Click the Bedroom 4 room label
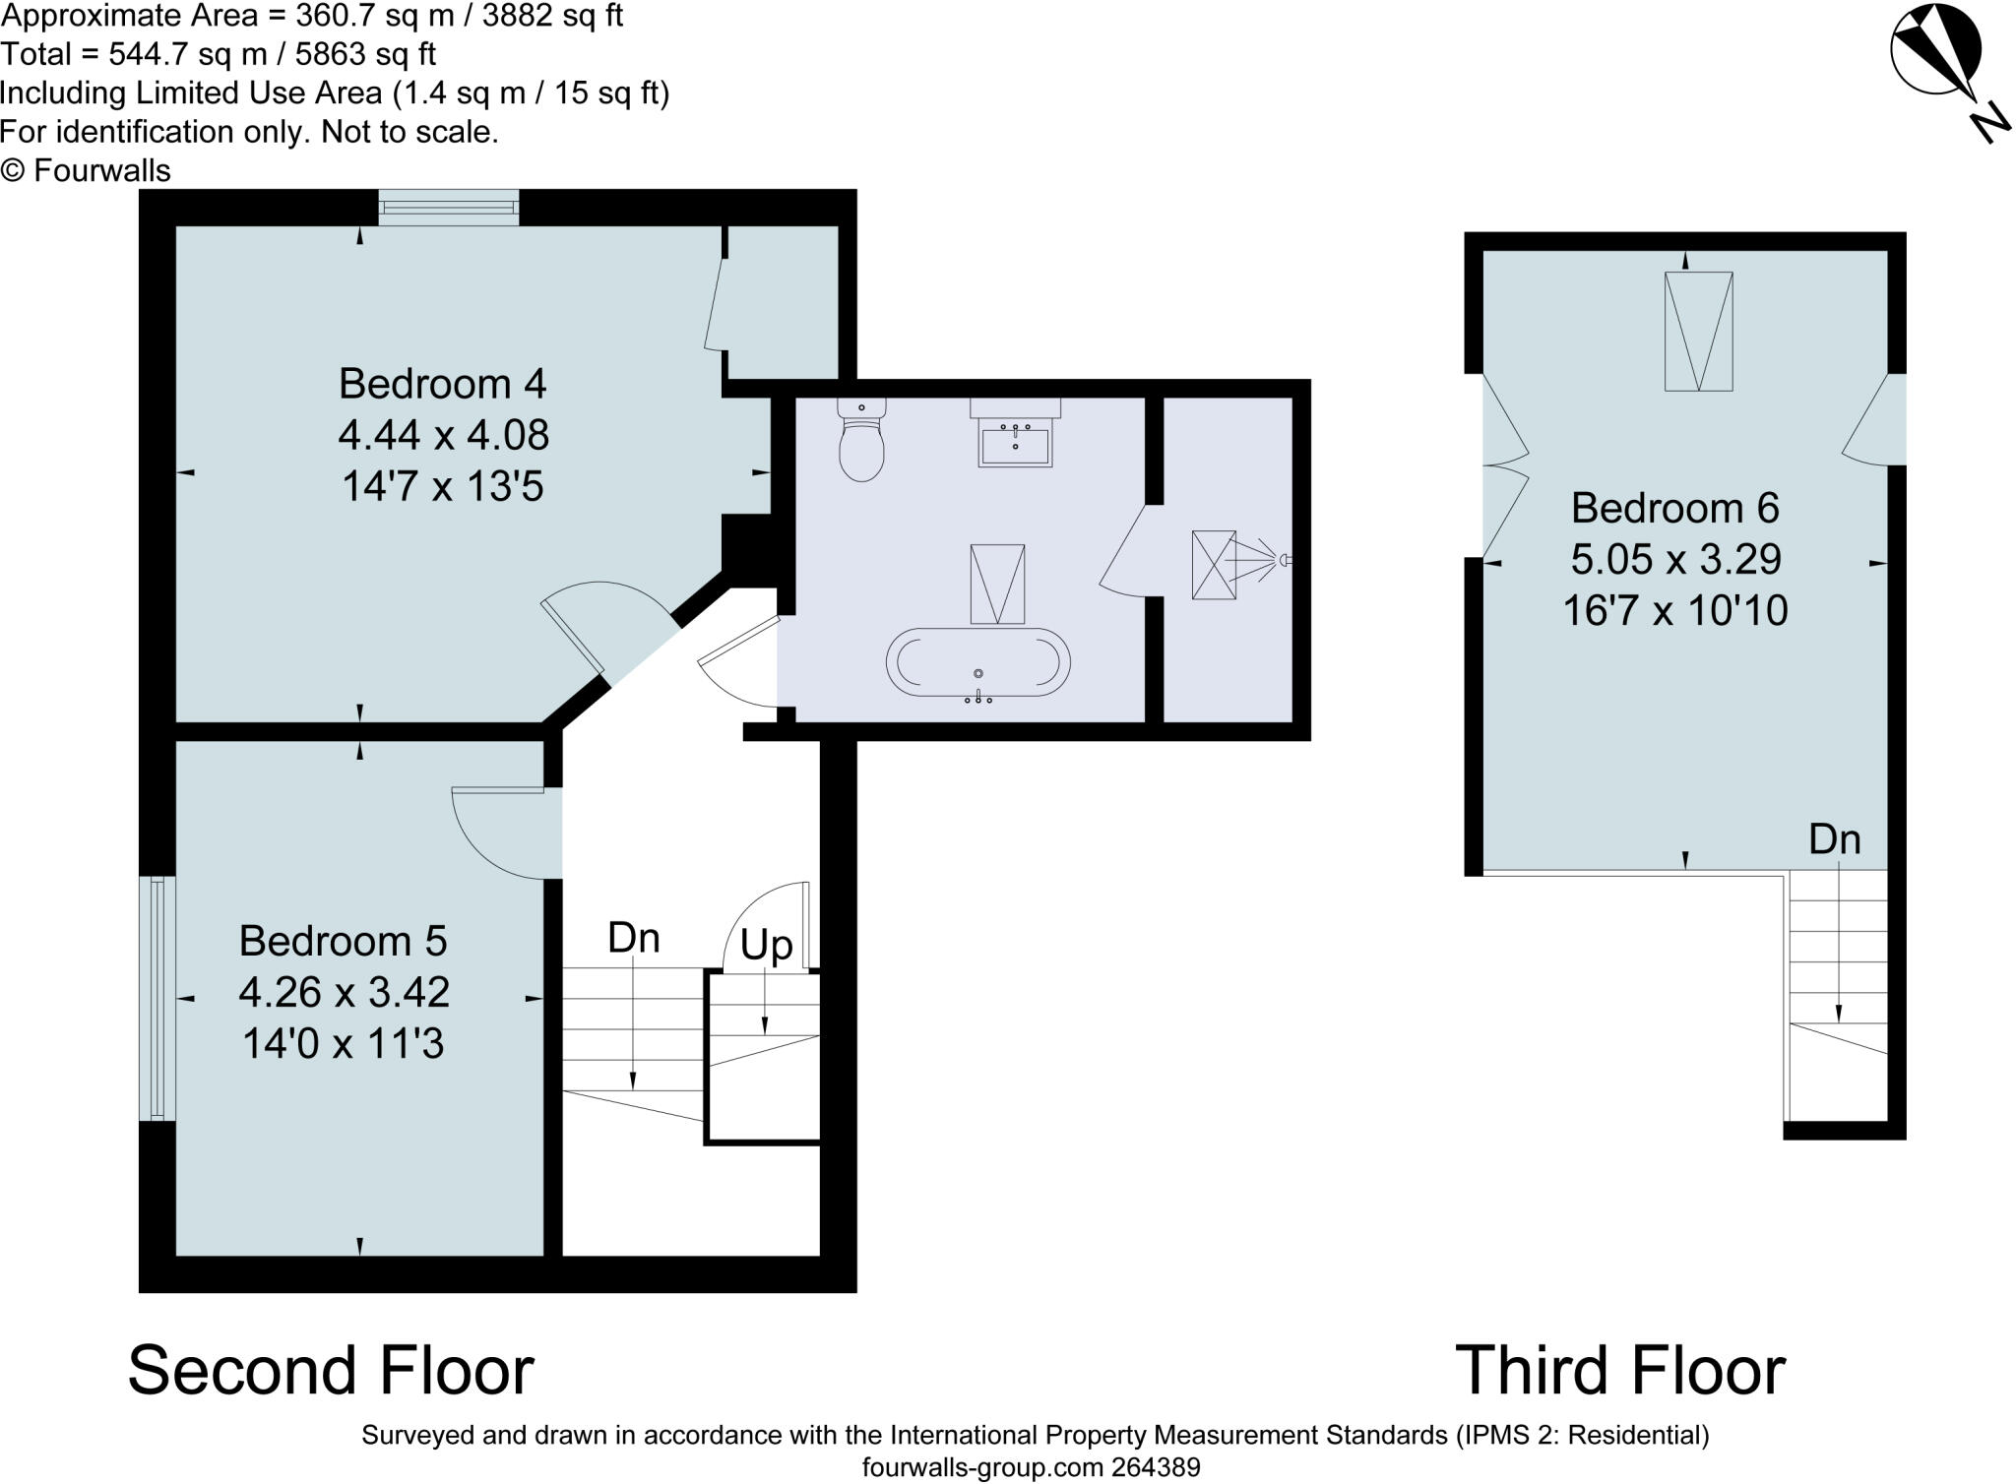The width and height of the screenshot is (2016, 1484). (442, 384)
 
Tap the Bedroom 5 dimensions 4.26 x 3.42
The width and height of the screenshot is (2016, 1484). (344, 992)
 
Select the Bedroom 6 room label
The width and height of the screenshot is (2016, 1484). (1674, 508)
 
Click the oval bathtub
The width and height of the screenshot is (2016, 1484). (977, 664)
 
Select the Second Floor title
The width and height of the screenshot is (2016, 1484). (331, 1370)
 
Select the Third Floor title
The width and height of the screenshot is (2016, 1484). (1620, 1370)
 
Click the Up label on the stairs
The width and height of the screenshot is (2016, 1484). (766, 945)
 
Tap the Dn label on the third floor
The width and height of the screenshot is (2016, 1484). (1835, 839)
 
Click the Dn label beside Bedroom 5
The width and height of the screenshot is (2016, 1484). (633, 938)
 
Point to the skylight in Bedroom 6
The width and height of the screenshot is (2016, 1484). (1698, 332)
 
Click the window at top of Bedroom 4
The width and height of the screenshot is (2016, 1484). (449, 207)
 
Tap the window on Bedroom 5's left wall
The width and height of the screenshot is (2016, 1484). (157, 998)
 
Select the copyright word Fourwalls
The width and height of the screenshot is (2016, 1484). (101, 170)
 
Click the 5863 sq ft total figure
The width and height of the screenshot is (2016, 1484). (365, 54)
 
